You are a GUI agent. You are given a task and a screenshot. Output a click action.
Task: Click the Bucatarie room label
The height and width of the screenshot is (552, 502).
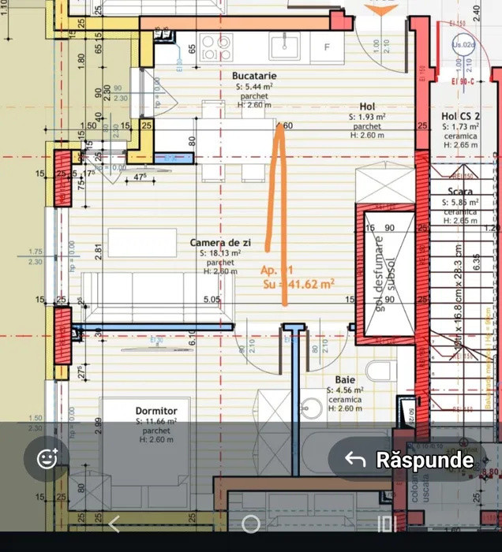point(254,76)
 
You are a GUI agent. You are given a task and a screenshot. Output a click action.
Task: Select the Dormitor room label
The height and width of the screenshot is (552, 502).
point(156,412)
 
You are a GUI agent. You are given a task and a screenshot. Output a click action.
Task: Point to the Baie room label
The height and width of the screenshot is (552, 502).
point(345,379)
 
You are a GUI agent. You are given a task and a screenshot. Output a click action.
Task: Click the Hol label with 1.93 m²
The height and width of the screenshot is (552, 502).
point(367,106)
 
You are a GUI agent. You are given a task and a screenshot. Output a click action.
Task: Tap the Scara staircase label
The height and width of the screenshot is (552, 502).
point(460,192)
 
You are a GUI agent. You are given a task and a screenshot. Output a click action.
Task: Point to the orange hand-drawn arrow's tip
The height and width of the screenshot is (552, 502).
point(279,126)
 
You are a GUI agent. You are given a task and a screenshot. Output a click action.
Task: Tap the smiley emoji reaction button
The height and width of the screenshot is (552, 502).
point(47,458)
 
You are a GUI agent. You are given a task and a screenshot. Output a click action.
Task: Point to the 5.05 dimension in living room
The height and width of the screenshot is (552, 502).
point(212,300)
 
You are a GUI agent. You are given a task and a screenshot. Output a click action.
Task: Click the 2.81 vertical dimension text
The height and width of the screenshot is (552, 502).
point(99,252)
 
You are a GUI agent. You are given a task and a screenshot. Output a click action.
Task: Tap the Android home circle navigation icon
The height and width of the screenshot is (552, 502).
point(250,524)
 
